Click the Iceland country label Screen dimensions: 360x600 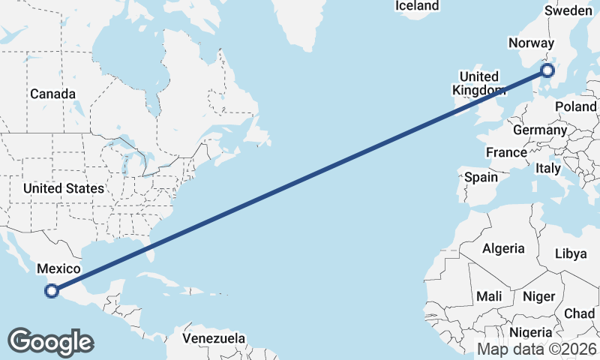point(417,6)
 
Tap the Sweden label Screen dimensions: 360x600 point(568,10)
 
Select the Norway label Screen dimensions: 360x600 point(531,43)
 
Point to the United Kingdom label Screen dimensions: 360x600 point(478,83)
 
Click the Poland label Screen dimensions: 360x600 point(575,106)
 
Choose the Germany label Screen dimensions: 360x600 point(540,130)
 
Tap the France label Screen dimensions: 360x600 point(506,152)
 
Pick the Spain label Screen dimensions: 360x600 point(481,178)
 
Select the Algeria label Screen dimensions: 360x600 point(503,248)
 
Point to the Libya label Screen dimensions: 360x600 point(571,253)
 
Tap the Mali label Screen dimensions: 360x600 point(489,297)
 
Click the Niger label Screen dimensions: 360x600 point(538,297)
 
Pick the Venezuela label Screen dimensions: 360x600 point(214,338)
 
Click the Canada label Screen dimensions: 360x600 point(52,94)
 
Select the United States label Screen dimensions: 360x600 point(64,188)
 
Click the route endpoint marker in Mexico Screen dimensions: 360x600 point(52,291)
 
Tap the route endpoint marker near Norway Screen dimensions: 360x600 point(547,70)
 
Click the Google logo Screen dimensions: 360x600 point(50,342)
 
